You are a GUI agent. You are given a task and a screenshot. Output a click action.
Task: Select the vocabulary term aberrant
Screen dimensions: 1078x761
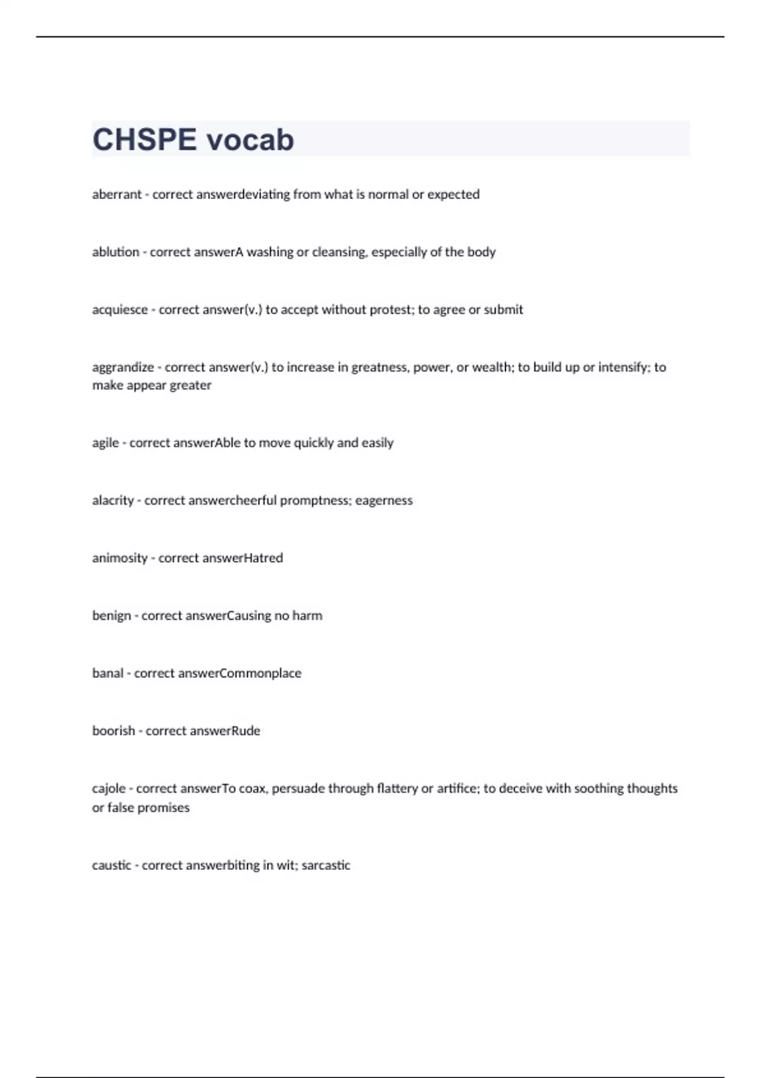click(x=117, y=194)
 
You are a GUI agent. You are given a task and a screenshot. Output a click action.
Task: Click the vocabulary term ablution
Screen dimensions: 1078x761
click(x=115, y=252)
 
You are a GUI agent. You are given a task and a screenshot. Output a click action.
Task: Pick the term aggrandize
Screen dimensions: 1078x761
click(x=123, y=367)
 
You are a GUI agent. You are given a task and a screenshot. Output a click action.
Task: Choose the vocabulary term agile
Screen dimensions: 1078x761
click(x=105, y=443)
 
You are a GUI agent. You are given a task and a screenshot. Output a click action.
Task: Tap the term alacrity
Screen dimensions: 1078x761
click(x=113, y=500)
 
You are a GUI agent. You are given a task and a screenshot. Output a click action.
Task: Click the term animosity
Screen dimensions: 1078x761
click(x=120, y=558)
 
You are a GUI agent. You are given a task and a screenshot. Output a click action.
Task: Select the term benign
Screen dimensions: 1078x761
click(x=112, y=615)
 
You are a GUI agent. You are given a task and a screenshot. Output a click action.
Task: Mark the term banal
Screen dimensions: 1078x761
click(x=108, y=673)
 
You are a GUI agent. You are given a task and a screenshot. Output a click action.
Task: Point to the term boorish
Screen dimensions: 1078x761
click(x=114, y=731)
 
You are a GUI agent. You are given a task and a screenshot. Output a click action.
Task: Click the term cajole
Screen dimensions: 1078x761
click(x=108, y=788)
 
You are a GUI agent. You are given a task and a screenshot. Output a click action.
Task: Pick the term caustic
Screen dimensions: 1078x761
click(x=112, y=865)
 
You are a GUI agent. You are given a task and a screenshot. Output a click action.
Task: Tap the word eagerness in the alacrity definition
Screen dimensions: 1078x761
click(x=384, y=500)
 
